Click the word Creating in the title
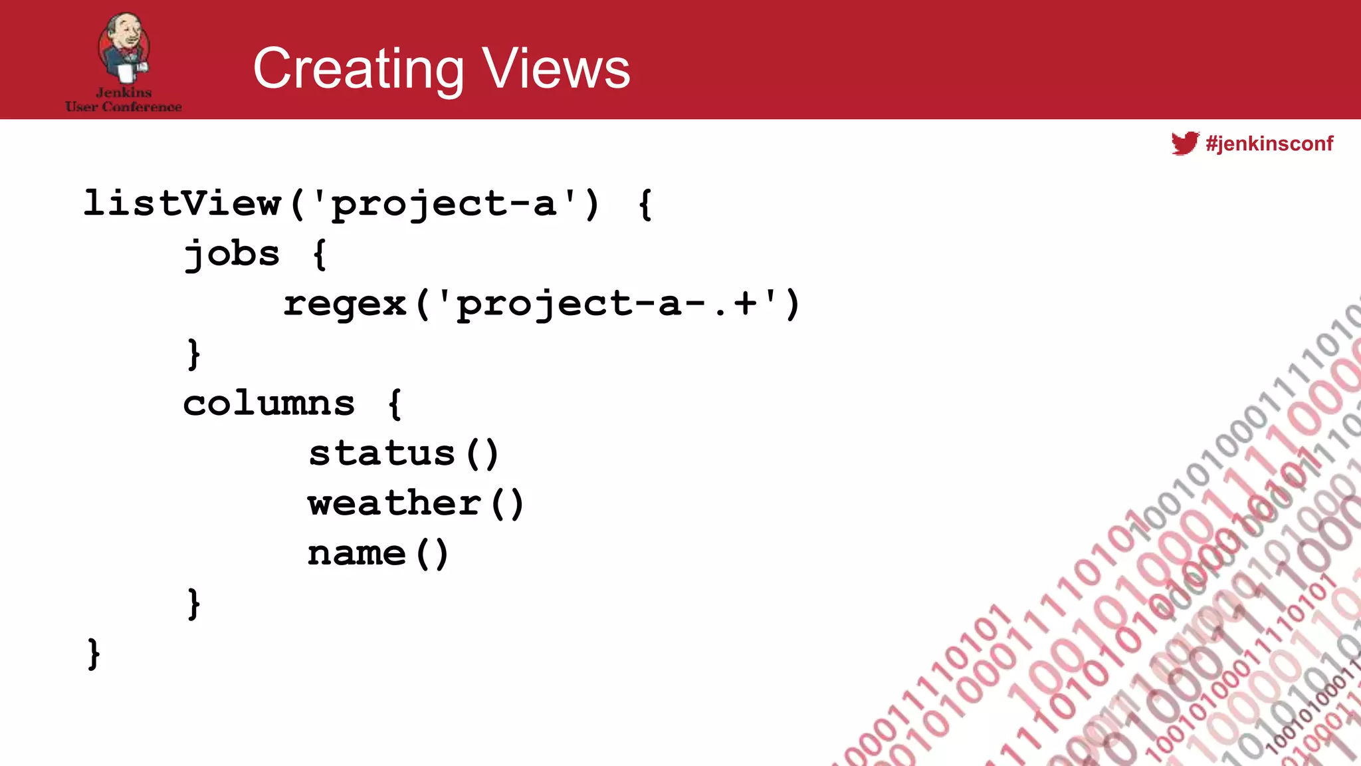tap(358, 68)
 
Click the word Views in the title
tap(556, 68)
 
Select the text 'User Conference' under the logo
tap(124, 106)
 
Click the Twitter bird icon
tap(1185, 143)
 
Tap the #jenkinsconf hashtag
tap(1269, 144)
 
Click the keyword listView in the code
tap(182, 203)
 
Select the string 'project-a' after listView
tap(444, 203)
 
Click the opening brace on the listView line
tap(645, 204)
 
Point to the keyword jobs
tap(232, 254)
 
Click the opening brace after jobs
tap(320, 254)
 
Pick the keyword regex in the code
tap(344, 304)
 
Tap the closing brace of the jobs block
tap(193, 354)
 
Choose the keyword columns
tap(269, 404)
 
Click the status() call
tap(403, 453)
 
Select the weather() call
tap(416, 503)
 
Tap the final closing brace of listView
tap(94, 654)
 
